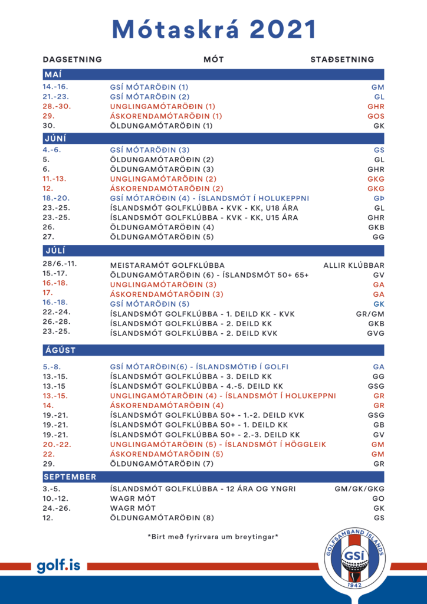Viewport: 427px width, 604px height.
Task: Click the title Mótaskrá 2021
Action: [x=213, y=29]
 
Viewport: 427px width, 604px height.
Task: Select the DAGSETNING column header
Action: [x=72, y=59]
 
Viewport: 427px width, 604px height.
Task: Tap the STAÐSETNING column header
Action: [x=342, y=59]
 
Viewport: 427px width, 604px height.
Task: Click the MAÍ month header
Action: [x=53, y=75]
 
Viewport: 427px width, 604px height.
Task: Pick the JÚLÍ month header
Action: [x=55, y=250]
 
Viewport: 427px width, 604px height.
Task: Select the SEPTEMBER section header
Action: [x=70, y=477]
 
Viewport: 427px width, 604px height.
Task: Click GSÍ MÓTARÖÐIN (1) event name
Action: [x=149, y=87]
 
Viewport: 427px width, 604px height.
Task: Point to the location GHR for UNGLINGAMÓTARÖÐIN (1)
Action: [x=376, y=106]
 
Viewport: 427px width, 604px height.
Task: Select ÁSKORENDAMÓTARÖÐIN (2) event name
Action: [x=167, y=189]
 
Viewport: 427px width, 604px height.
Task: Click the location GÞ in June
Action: [x=379, y=198]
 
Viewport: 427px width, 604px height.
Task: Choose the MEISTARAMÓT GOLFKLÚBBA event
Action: [x=167, y=265]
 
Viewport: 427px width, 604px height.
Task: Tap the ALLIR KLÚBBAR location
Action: [x=354, y=265]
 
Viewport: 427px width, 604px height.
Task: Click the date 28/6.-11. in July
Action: [x=60, y=263]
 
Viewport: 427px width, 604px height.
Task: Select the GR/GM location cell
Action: [x=370, y=314]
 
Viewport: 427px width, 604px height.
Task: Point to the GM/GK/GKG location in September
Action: [x=359, y=489]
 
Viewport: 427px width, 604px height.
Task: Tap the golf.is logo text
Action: [x=58, y=566]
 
